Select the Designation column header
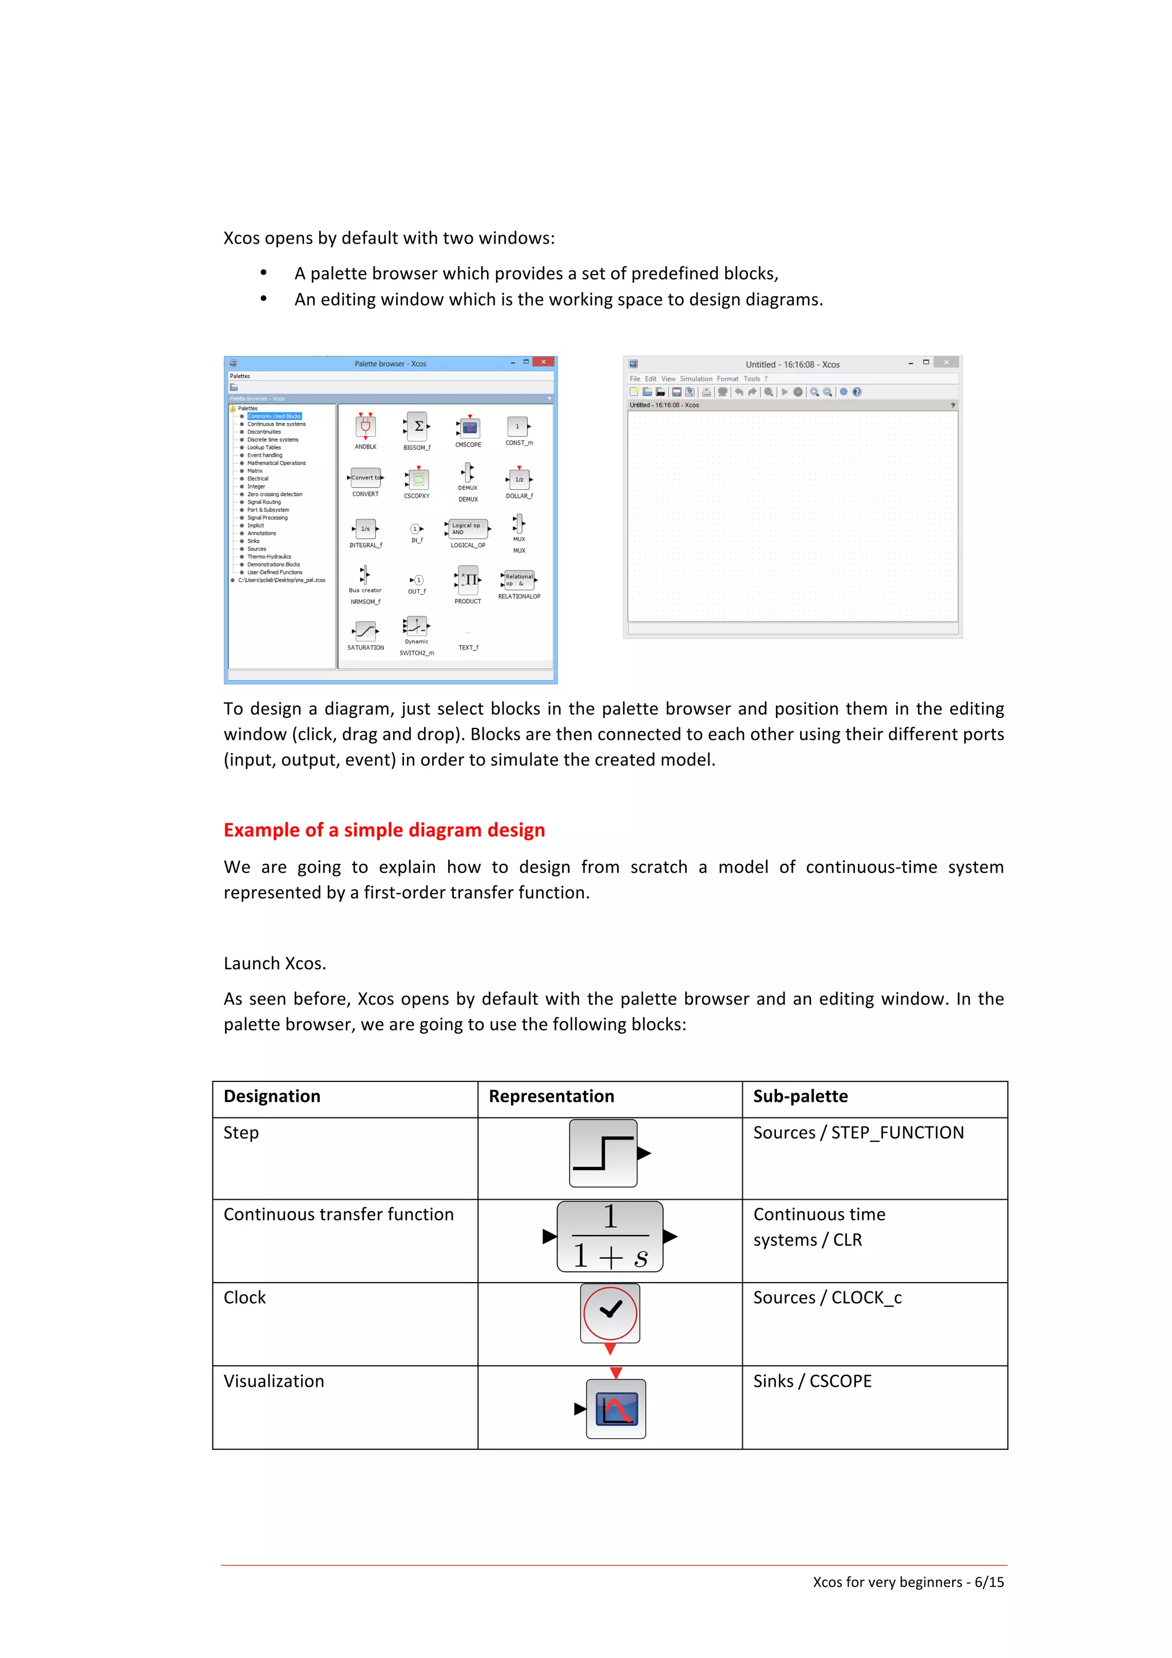pyautogui.click(x=271, y=1096)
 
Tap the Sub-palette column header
pyautogui.click(x=800, y=1096)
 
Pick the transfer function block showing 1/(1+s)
pyautogui.click(x=609, y=1236)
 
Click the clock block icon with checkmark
pyautogui.click(x=610, y=1313)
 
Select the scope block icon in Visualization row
pyautogui.click(x=616, y=1408)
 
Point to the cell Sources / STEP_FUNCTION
pyautogui.click(x=858, y=1132)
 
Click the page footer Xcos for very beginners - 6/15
pyautogui.click(x=908, y=1581)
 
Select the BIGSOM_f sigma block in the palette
pyautogui.click(x=417, y=427)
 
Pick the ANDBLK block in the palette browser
pyautogui.click(x=366, y=427)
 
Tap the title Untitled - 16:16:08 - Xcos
pyautogui.click(x=792, y=364)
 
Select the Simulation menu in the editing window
pyautogui.click(x=695, y=378)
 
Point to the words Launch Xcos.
pyautogui.click(x=275, y=963)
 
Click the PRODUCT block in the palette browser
pyautogui.click(x=468, y=580)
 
